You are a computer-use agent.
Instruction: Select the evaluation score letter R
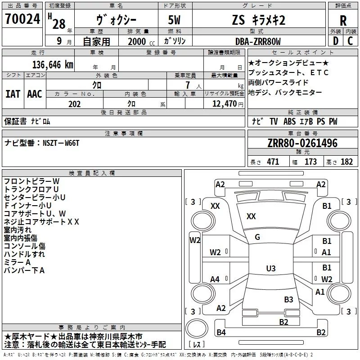tap(343, 21)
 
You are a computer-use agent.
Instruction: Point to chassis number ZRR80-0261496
tap(302, 144)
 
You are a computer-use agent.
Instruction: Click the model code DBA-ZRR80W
tap(258, 41)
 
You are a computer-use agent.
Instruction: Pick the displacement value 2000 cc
tap(137, 42)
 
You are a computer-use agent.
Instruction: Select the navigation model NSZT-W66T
tap(61, 143)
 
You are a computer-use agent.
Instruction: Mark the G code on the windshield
tap(257, 237)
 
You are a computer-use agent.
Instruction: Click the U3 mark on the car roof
tap(270, 269)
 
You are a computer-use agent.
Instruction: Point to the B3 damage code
tap(288, 299)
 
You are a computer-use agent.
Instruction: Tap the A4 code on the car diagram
tap(215, 279)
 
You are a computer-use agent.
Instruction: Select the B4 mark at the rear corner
tap(221, 333)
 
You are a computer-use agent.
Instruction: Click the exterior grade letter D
tap(335, 41)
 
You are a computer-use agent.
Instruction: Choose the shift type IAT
tap(13, 94)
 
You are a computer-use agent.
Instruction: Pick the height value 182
tap(346, 162)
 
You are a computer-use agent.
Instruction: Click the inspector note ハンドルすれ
tap(24, 254)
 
